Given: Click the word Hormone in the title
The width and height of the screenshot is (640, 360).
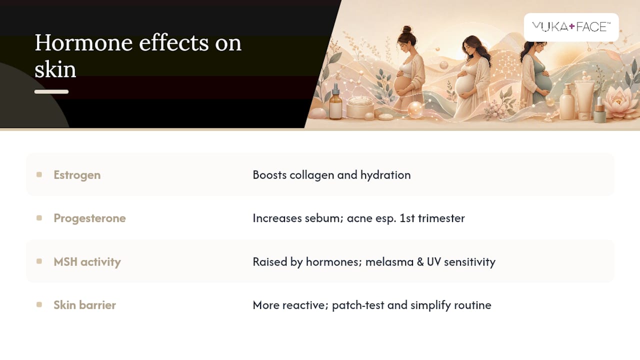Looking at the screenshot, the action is click(83, 43).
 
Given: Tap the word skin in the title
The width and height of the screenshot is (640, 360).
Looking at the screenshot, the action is click(55, 69).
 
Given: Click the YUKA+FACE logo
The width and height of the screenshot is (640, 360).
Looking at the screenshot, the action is click(571, 27).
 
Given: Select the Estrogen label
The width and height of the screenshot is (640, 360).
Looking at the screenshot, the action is click(77, 175).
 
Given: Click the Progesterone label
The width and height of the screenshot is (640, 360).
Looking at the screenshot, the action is click(89, 218).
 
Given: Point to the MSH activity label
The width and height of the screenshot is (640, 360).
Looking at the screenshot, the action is click(87, 261).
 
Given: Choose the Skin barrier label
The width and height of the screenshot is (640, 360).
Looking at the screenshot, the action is click(85, 305).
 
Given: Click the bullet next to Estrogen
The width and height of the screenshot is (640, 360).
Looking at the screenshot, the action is click(39, 174).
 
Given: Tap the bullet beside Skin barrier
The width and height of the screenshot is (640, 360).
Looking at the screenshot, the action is click(39, 304).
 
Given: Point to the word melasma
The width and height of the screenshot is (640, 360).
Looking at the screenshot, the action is click(389, 261).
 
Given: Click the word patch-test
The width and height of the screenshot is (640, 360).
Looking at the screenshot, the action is click(358, 305).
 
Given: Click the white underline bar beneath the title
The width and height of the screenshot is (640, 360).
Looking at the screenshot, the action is click(51, 91).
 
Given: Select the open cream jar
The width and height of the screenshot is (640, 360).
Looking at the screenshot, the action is click(360, 107).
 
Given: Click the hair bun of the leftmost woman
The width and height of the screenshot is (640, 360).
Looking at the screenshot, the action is click(406, 29).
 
